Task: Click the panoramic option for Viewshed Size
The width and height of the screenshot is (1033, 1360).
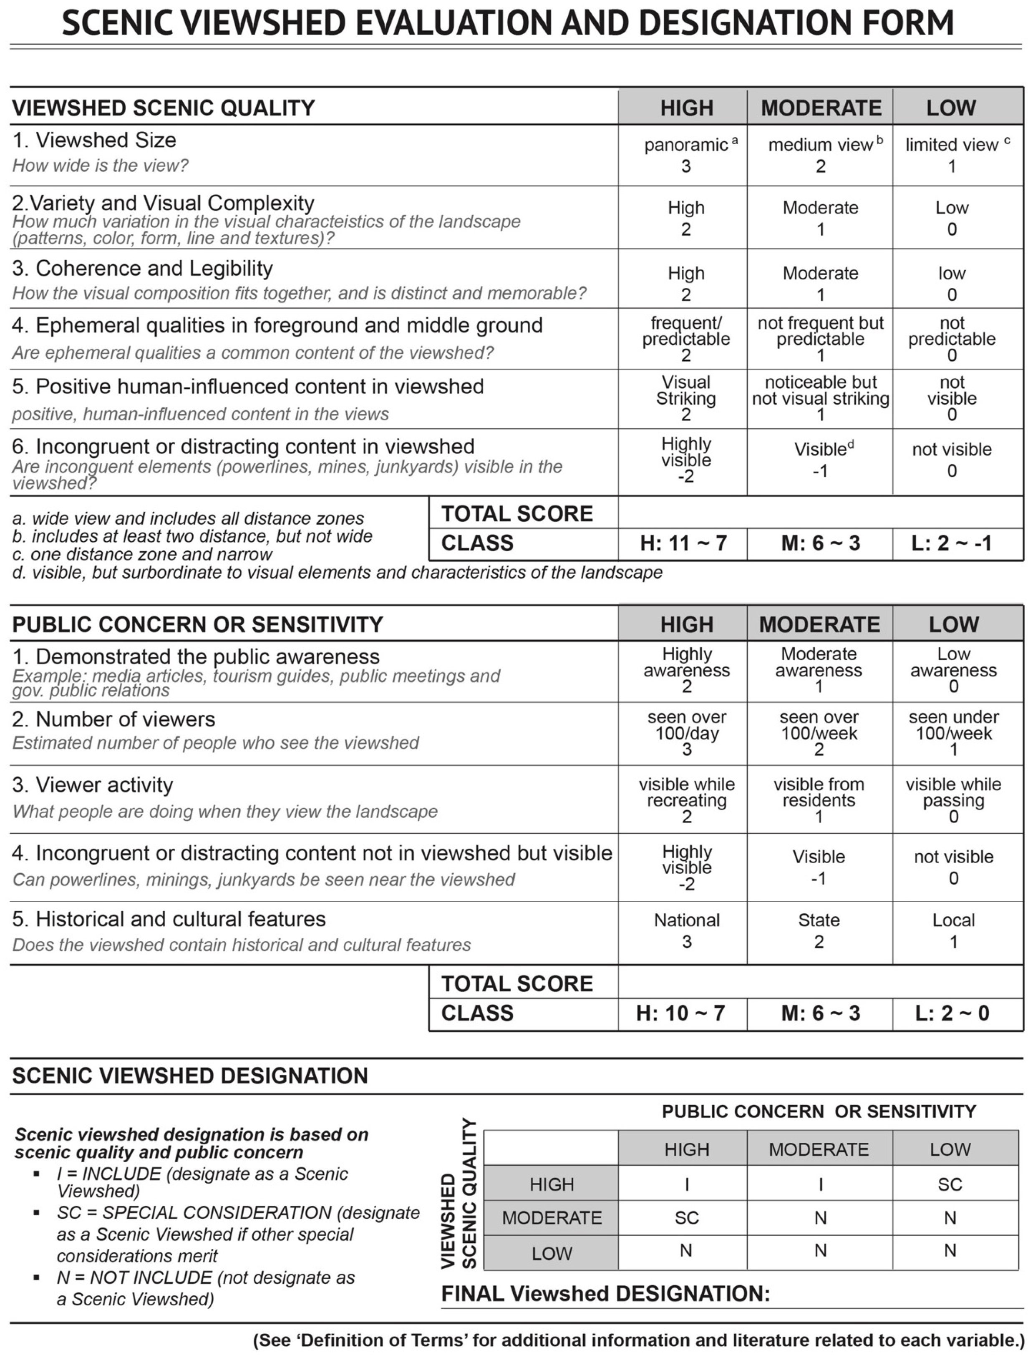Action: (685, 155)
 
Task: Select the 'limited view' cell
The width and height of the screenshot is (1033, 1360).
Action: (952, 155)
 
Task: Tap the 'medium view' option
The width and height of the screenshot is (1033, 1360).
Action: (820, 155)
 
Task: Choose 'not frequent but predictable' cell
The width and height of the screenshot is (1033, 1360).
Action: (820, 339)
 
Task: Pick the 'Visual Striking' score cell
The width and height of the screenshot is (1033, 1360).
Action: (685, 398)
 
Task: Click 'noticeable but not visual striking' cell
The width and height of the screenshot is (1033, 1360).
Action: (820, 398)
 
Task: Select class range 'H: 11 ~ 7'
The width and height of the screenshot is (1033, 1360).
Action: (683, 543)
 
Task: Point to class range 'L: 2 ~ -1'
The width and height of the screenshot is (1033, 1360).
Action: (951, 543)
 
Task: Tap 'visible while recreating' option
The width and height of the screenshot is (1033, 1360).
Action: (686, 800)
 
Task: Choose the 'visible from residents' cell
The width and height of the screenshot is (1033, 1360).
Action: (819, 800)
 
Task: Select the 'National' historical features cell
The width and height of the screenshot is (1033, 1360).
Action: (686, 931)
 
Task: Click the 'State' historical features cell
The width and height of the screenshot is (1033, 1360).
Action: (819, 931)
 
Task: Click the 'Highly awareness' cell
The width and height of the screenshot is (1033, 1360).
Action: (686, 670)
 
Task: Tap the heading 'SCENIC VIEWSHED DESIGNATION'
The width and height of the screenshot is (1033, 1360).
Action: (190, 1076)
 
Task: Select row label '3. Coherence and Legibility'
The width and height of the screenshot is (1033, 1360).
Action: (142, 269)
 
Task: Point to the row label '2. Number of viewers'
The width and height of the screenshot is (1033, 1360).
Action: (114, 719)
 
